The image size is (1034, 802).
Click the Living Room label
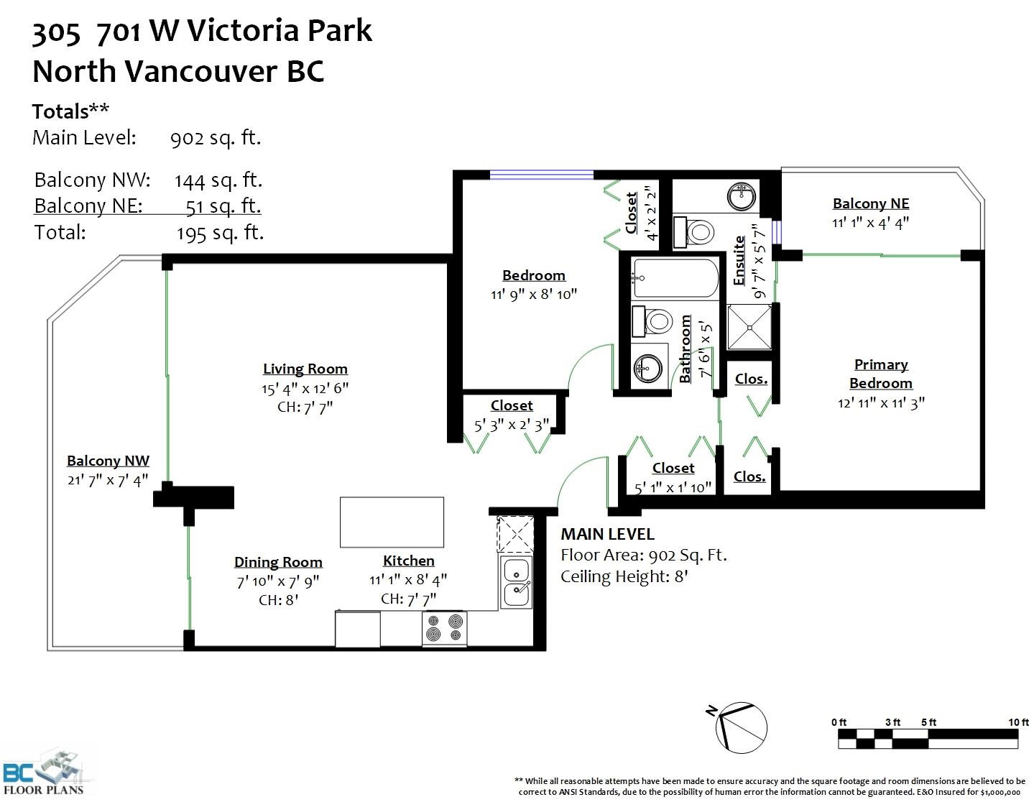pos(305,369)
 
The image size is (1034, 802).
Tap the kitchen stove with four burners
pos(445,628)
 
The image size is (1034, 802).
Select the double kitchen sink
pos(516,582)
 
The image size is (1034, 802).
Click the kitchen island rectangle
pos(392,522)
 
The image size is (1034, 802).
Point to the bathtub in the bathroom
pos(675,278)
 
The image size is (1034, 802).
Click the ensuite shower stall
pos(749,327)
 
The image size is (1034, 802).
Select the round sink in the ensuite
pos(742,196)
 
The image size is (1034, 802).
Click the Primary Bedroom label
pos(881,374)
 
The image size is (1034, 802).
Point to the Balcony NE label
pos(871,203)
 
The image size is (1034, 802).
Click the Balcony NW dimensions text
pos(108,480)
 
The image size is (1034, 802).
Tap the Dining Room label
pos(278,562)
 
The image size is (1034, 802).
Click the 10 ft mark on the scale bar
pos(1017,722)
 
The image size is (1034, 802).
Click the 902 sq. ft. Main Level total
pos(216,137)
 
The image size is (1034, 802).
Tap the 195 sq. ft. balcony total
pos(221,233)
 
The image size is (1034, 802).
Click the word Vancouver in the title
pos(201,71)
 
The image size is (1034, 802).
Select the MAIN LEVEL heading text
pos(607,534)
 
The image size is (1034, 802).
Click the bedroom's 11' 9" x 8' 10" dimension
pos(533,295)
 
